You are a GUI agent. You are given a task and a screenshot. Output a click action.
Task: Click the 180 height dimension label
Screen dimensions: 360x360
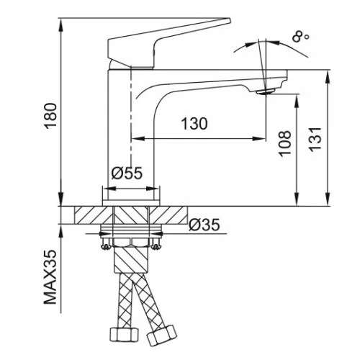point(51,116)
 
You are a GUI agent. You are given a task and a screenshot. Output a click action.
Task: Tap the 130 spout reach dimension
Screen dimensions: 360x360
point(194,124)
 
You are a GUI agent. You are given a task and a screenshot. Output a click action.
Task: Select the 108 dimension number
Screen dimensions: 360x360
point(284,143)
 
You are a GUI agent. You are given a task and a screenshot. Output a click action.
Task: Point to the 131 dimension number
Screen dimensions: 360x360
point(315,140)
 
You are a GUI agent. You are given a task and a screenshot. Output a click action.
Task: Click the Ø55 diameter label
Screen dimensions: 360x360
point(127,173)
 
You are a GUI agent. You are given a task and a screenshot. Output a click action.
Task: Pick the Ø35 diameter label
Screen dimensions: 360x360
point(204,225)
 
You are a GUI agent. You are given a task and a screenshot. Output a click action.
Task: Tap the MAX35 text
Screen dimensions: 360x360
point(50,277)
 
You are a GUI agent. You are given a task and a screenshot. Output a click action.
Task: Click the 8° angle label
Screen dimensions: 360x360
point(300,37)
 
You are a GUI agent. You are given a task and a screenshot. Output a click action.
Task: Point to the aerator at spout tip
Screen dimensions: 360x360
point(265,91)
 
